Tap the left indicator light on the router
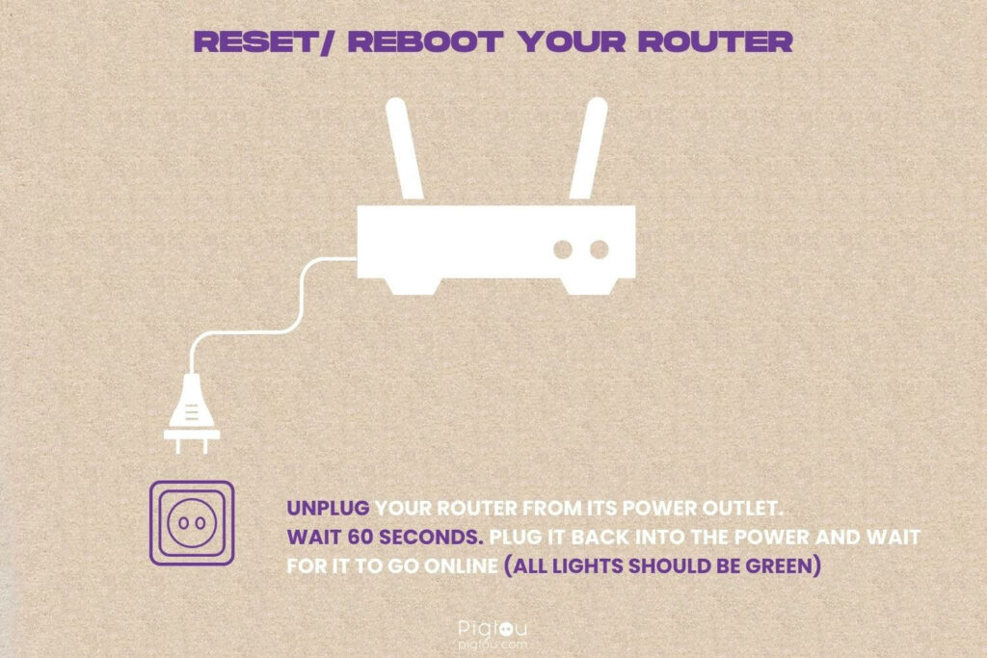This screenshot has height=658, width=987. [x=563, y=250]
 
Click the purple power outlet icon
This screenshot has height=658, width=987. [x=191, y=522]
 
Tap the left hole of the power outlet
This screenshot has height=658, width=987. [x=180, y=523]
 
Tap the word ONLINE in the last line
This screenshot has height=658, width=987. [x=457, y=565]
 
